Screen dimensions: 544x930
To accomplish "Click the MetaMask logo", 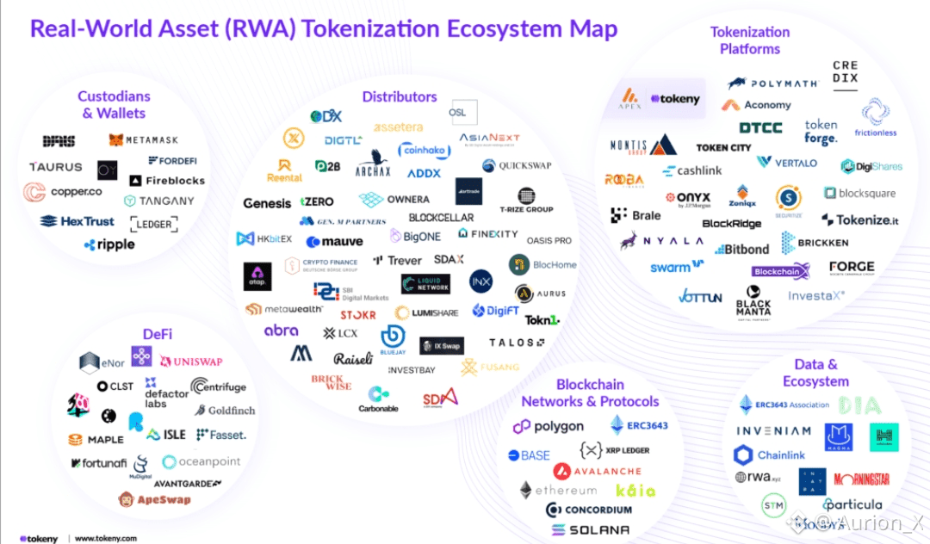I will (x=145, y=139).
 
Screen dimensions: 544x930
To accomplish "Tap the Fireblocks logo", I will (x=167, y=181).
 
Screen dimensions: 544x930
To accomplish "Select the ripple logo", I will (x=109, y=244).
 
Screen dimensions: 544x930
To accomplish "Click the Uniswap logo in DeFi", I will (x=190, y=362).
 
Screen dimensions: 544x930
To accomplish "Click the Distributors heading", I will (x=400, y=97).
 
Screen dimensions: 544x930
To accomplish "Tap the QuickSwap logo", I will (x=517, y=165).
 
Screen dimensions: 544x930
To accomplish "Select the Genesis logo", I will (x=267, y=203).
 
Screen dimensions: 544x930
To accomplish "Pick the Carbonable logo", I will (x=378, y=400).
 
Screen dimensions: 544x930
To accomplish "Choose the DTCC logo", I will (x=761, y=128).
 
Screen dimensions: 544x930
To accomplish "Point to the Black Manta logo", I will (x=753, y=302).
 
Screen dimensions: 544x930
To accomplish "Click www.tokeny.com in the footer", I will (x=106, y=539).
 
